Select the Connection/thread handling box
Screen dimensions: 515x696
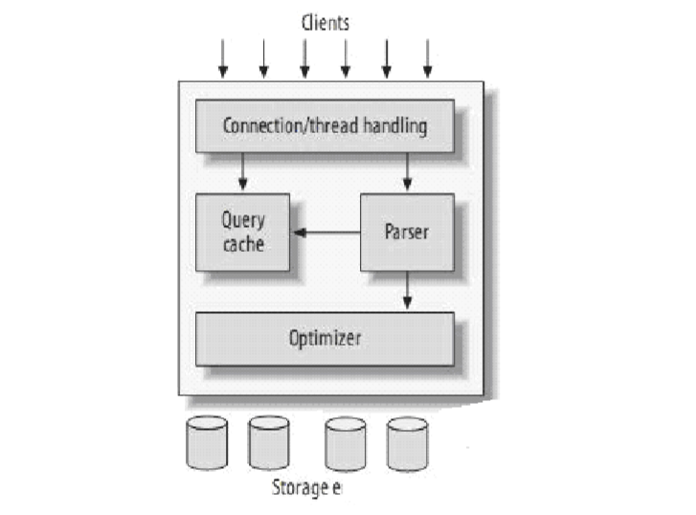(325, 125)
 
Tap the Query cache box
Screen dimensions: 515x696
(242, 232)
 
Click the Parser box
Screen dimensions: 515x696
(406, 232)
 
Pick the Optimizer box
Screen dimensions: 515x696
(325, 338)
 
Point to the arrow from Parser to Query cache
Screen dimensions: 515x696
(326, 232)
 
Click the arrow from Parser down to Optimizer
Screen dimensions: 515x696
(408, 290)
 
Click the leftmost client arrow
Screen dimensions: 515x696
(223, 58)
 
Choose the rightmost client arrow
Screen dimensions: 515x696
(428, 58)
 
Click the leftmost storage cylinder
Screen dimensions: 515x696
(207, 442)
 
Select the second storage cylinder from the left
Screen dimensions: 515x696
(268, 442)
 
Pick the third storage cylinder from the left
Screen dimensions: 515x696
(345, 443)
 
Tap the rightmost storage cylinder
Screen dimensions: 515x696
(407, 443)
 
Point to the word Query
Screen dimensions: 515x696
(243, 220)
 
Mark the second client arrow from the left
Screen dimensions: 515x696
(263, 58)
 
